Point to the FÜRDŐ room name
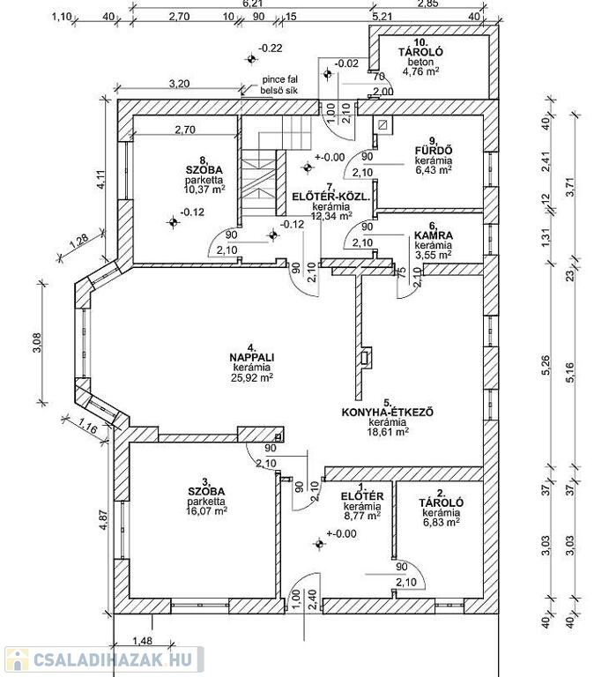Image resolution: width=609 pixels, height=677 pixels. click(434, 151)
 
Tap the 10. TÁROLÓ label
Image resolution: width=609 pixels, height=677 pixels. click(420, 52)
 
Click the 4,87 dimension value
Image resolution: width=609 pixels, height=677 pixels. click(103, 521)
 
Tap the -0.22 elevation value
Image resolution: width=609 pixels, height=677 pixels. click(271, 48)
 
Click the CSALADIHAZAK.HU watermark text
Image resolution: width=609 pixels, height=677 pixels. click(115, 659)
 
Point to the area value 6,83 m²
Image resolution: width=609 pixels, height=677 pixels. click(441, 522)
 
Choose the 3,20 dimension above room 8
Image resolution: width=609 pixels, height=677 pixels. click(179, 84)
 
